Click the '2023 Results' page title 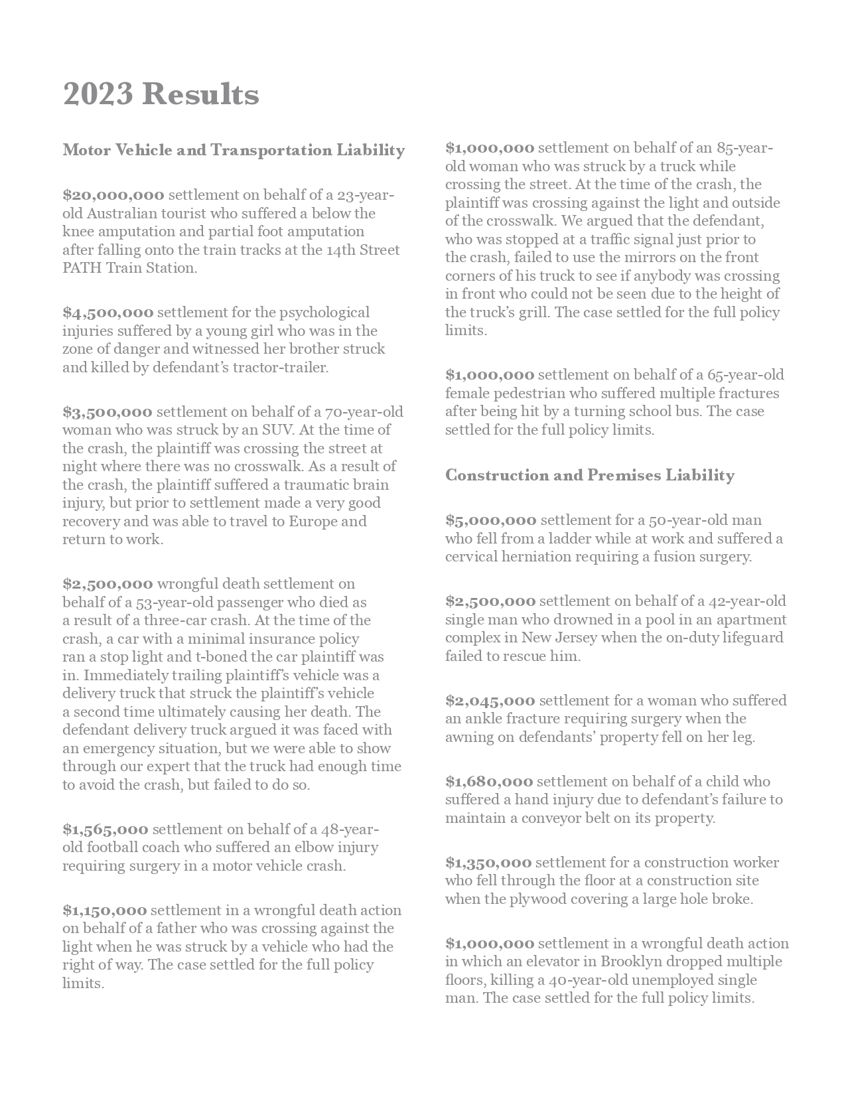[x=161, y=94]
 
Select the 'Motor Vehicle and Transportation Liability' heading [x=234, y=150]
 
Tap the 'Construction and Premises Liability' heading [x=589, y=475]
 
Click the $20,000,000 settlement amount [x=113, y=195]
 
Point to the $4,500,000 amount [x=108, y=313]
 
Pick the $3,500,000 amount [x=107, y=412]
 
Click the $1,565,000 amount [x=106, y=830]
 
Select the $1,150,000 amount [x=105, y=911]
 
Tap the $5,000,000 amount [x=490, y=520]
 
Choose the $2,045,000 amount [x=490, y=701]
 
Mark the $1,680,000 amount [x=489, y=782]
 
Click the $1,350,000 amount [x=488, y=863]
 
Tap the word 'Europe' [x=313, y=521]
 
